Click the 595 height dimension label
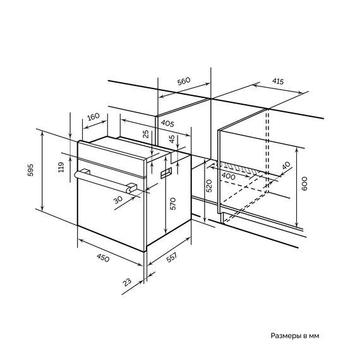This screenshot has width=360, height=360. pyautogui.click(x=30, y=170)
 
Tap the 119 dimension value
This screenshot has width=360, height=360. pyautogui.click(x=61, y=167)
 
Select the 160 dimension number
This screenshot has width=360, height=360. pyautogui.click(x=93, y=117)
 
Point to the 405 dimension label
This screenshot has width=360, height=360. pyautogui.click(x=167, y=123)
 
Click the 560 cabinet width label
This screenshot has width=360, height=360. pyautogui.click(x=184, y=81)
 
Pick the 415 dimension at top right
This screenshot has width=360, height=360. pyautogui.click(x=278, y=81)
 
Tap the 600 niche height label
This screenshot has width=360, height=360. pyautogui.click(x=304, y=183)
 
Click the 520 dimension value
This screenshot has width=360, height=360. pyautogui.click(x=209, y=186)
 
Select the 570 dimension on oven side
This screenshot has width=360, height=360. pyautogui.click(x=173, y=203)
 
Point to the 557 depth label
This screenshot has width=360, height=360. pyautogui.click(x=172, y=258)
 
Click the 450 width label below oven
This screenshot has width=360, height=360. pyautogui.click(x=103, y=258)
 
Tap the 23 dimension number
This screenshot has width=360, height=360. pyautogui.click(x=127, y=282)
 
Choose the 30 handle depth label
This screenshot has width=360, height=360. pyautogui.click(x=118, y=200)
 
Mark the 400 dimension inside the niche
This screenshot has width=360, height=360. pyautogui.click(x=228, y=176)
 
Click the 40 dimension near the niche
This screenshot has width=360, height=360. pyautogui.click(x=286, y=165)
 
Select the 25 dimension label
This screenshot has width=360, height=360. pyautogui.click(x=146, y=134)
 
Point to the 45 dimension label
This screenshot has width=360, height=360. pyautogui.click(x=172, y=139)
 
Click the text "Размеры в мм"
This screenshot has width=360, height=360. pyautogui.click(x=295, y=335)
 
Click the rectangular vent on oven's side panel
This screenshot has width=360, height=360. pyautogui.click(x=166, y=172)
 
